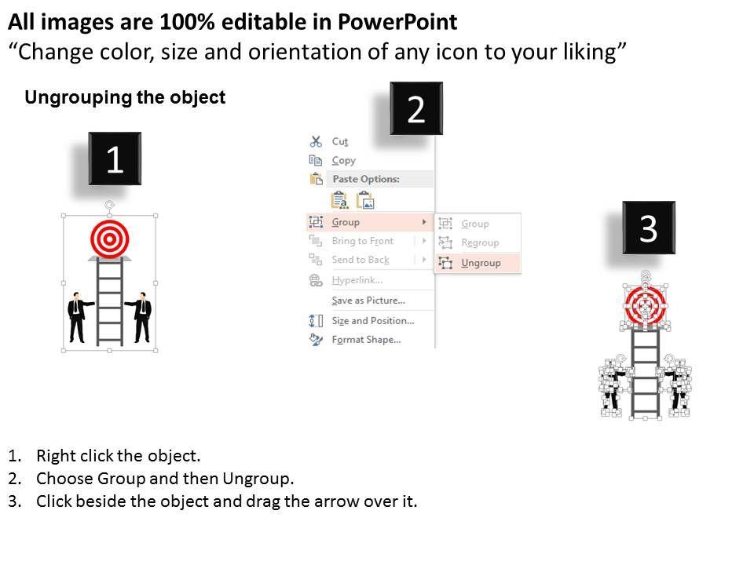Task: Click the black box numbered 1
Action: [x=115, y=159]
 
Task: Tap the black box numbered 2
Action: [x=416, y=108]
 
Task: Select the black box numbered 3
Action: [x=649, y=228]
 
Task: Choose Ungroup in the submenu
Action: [x=481, y=263]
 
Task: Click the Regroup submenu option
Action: [x=480, y=242]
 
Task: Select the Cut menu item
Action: [x=339, y=141]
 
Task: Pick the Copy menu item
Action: [x=343, y=160]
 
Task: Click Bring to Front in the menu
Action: [x=363, y=241]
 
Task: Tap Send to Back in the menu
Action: [x=361, y=260]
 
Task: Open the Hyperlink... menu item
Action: [x=357, y=280]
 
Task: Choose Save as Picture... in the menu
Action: [x=368, y=301]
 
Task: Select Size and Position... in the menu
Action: [x=372, y=320]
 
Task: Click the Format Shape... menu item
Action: [x=366, y=340]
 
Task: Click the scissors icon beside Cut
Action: [x=316, y=141]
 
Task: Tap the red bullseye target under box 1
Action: [x=110, y=239]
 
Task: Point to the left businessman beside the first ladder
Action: [x=79, y=318]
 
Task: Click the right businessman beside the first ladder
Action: [x=140, y=318]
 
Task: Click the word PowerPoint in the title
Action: [x=397, y=22]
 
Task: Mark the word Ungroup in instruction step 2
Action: [x=256, y=479]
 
